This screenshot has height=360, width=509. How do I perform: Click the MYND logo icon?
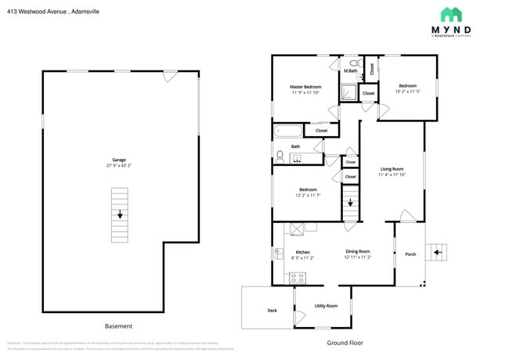(x=452, y=14)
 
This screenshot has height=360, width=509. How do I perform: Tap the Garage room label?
(x=119, y=160)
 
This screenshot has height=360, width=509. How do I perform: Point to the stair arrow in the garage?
(x=120, y=214)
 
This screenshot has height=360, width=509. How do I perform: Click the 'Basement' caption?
(x=119, y=326)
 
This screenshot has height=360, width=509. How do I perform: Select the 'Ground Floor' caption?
(x=345, y=342)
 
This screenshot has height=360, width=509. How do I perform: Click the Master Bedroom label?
(x=305, y=87)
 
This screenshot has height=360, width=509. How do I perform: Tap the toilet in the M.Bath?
(x=354, y=63)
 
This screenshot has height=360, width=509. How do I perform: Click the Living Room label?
(x=392, y=169)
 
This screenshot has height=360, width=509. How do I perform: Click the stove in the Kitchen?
(x=298, y=276)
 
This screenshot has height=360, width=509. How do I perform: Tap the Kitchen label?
(x=302, y=252)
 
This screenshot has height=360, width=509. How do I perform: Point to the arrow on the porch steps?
(x=439, y=251)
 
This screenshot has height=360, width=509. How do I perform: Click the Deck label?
(x=273, y=310)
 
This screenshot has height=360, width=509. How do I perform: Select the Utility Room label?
(x=326, y=305)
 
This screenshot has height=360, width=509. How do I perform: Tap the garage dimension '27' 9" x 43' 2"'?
(x=119, y=166)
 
